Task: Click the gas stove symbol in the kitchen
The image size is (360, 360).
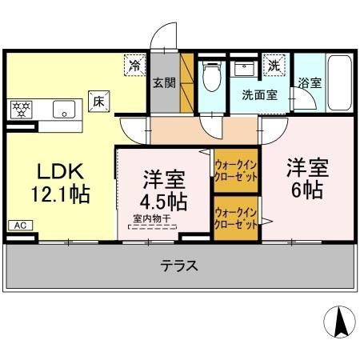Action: click(x=22, y=108)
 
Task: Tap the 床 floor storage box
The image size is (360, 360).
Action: click(x=98, y=102)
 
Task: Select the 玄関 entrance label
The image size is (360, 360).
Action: click(x=164, y=82)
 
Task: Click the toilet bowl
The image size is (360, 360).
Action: click(x=211, y=78)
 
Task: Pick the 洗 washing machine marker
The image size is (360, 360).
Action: click(x=274, y=63)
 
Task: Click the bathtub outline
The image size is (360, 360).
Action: click(x=339, y=84)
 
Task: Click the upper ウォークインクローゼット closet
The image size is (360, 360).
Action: click(x=235, y=171)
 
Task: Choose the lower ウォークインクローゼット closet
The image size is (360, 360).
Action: click(x=235, y=218)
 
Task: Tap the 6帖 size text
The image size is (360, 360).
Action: click(x=306, y=191)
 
